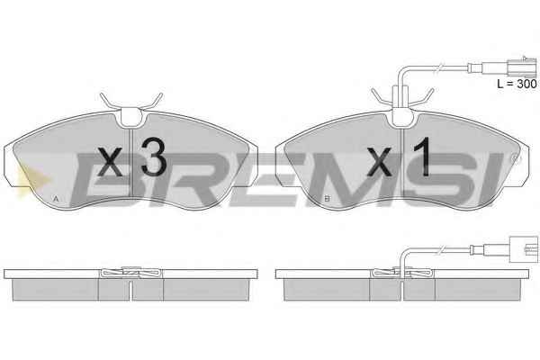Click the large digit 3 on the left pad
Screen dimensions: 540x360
click(154, 156)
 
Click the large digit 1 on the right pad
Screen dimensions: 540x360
click(423, 157)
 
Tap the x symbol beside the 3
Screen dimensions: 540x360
click(110, 162)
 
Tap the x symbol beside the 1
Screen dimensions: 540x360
click(379, 162)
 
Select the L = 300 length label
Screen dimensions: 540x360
click(517, 84)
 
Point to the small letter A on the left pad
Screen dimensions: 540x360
click(56, 199)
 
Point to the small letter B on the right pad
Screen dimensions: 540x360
click(328, 198)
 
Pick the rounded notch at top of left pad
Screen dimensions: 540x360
click(132, 116)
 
